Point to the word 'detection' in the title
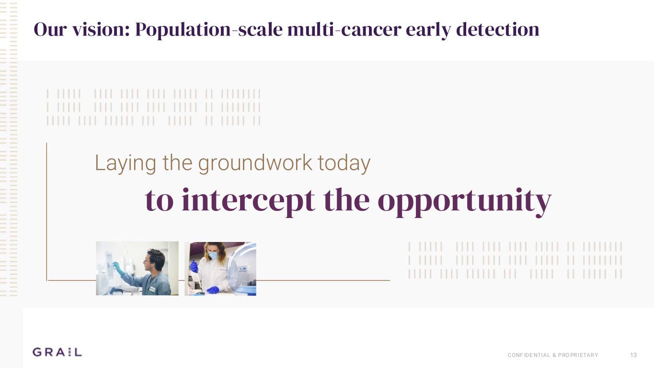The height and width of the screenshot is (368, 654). coord(497,30)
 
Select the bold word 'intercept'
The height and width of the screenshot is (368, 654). coord(248,200)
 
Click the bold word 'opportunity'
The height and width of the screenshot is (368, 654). coord(464,200)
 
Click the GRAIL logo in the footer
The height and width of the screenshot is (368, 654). coord(57,352)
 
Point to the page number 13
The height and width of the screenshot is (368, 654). coord(633,355)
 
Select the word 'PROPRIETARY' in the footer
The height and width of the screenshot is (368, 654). coord(578,355)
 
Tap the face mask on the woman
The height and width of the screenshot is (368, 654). coord(214,256)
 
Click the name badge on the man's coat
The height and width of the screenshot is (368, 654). coord(152,289)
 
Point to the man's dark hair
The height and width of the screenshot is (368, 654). coord(158,256)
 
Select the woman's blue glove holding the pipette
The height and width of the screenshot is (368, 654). coord(194,266)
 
